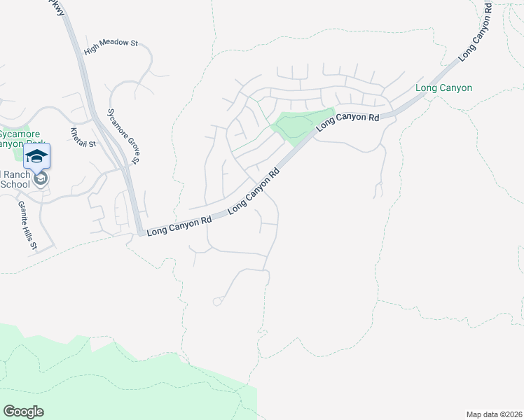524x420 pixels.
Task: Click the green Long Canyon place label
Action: tap(443, 88)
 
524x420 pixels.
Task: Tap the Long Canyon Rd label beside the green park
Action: tap(347, 120)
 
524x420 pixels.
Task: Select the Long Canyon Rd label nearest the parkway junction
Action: tap(179, 225)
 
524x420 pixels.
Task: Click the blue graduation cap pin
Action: tap(36, 155)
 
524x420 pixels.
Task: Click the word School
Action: tap(15, 184)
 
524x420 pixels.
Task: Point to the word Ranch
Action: tap(15, 174)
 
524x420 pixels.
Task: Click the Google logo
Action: tap(23, 412)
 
